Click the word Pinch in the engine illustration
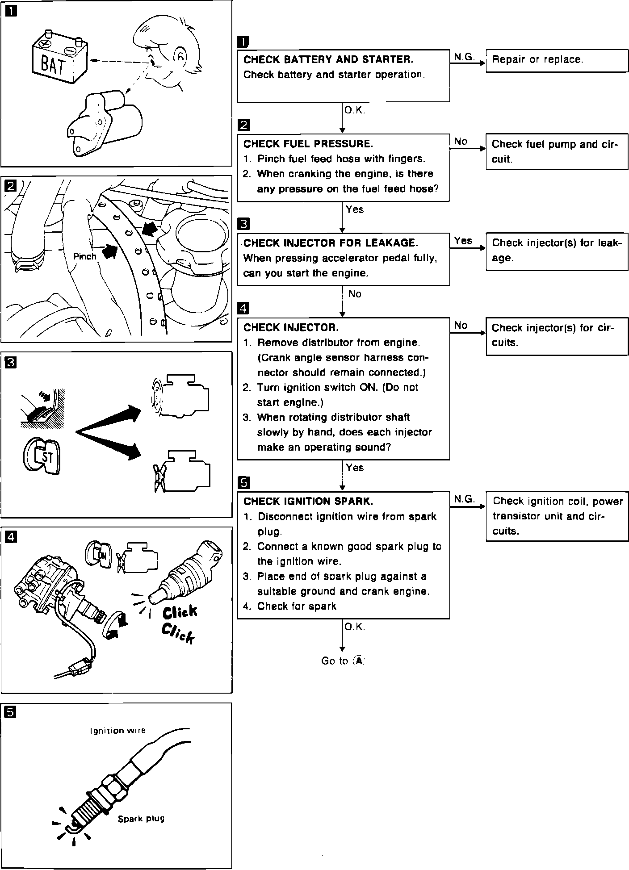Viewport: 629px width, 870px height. coord(85,256)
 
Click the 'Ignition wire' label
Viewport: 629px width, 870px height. coord(118,731)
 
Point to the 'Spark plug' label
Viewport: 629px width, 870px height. coord(141,819)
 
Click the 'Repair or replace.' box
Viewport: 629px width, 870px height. coord(557,60)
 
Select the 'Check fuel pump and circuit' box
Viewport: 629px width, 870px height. coord(557,152)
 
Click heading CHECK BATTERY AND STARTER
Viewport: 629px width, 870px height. coord(328,59)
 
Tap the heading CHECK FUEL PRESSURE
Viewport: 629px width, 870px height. coord(308,144)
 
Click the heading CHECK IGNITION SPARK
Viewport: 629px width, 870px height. coord(308,501)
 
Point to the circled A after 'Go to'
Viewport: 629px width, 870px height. coord(358,661)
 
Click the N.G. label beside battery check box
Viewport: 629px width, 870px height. coord(465,57)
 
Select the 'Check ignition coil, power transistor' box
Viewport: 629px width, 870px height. coord(557,516)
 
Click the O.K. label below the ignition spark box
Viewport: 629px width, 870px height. coord(355,627)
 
